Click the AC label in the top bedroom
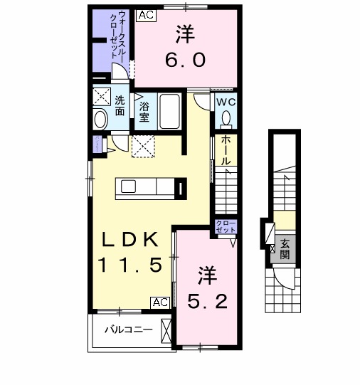point(144,14)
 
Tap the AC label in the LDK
point(160,302)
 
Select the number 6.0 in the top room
point(186,60)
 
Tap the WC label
point(226,101)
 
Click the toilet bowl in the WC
point(226,118)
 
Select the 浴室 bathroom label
point(144,112)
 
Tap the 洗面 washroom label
point(120,106)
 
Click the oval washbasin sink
point(101,118)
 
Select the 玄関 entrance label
point(284,248)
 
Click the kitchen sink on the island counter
point(129,186)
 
